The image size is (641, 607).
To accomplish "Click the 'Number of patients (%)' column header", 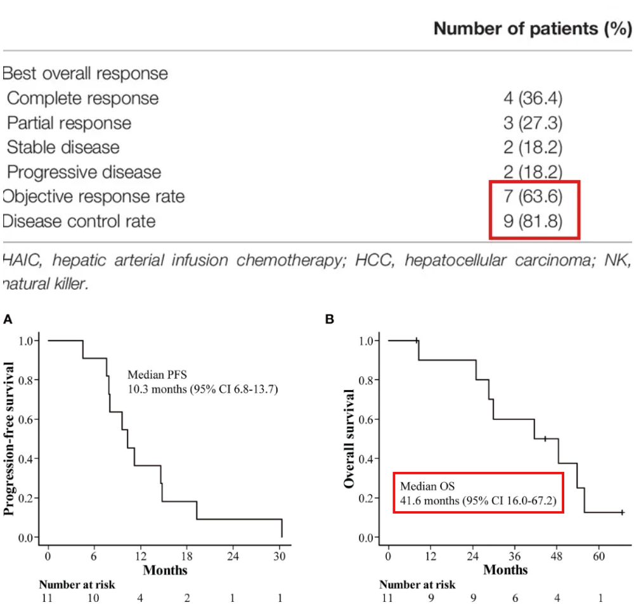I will tap(532, 29).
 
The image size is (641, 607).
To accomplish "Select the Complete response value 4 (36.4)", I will tap(533, 98).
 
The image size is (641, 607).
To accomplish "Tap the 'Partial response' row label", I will tap(68, 123).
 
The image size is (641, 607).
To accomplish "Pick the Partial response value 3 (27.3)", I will tap(533, 123).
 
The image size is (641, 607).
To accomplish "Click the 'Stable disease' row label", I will tap(63, 147).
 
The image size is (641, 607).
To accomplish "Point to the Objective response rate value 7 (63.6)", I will tap(533, 197).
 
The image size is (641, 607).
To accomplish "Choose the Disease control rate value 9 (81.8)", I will tap(533, 221).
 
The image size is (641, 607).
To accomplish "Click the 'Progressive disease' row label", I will tap(84, 172).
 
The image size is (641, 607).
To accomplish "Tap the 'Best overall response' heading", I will tap(85, 74).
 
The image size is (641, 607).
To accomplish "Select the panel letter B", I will tap(329, 319).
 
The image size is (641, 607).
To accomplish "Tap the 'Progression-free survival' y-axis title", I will tap(10, 438).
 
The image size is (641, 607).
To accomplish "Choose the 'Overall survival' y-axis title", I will tap(349, 439).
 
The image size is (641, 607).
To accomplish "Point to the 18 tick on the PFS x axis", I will tap(187, 556).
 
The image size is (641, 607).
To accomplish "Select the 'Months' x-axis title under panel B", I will tap(505, 570).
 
